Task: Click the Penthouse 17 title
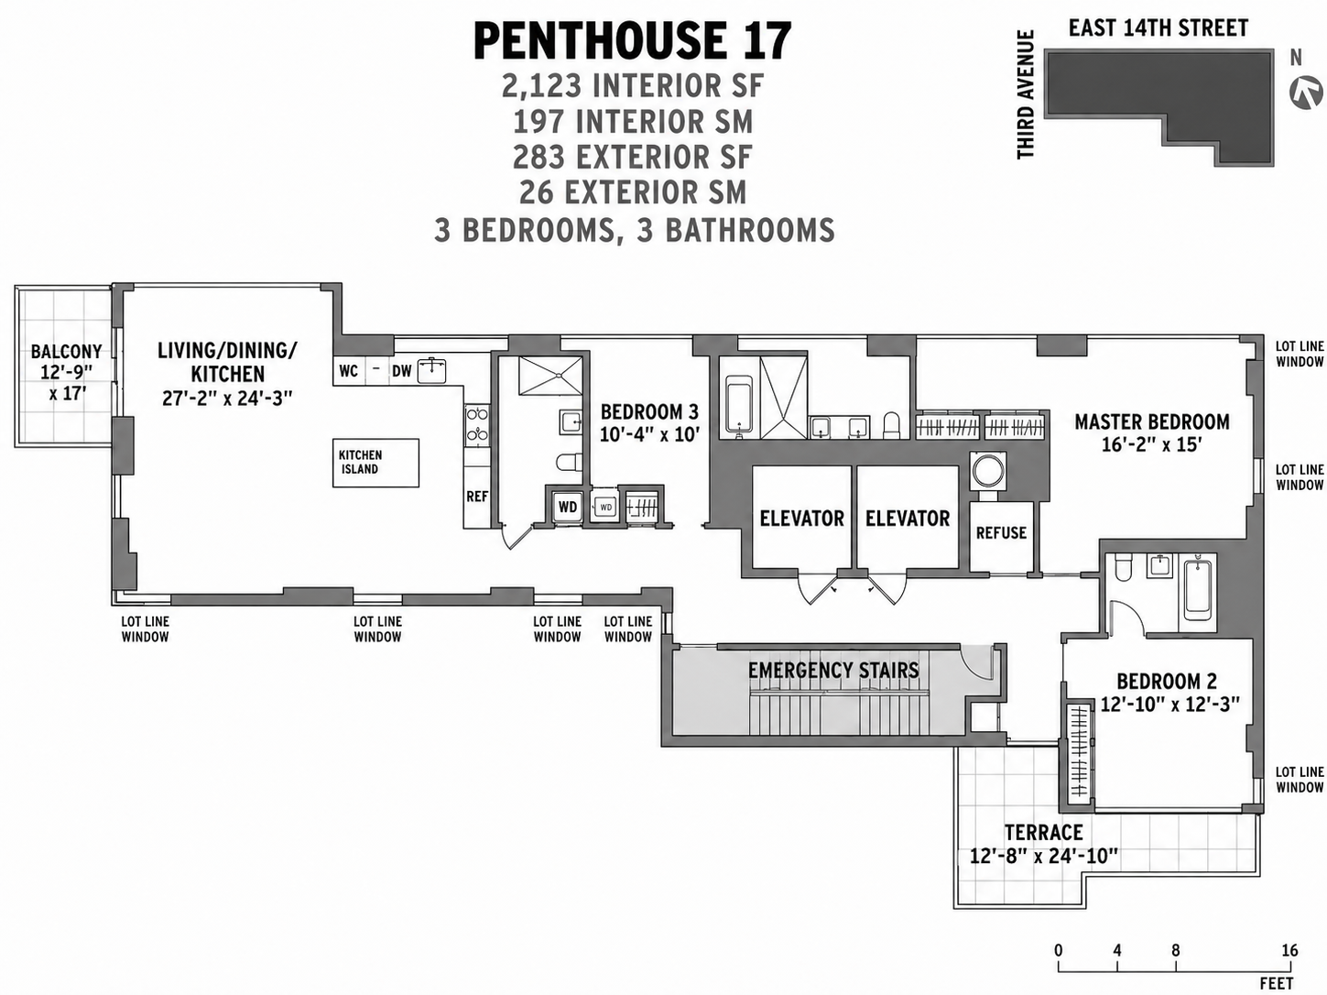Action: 632,42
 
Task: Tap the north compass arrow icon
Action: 1306,93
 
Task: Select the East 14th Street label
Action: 1158,28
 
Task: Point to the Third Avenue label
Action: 1026,94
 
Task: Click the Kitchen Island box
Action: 375,462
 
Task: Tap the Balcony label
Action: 66,352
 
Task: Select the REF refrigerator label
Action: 476,497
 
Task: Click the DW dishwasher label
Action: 401,371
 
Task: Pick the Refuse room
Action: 1001,533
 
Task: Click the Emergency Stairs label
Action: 832,671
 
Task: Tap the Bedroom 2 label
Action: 1166,682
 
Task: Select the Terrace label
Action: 1043,833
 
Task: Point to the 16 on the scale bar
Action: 1289,950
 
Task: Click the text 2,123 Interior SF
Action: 632,86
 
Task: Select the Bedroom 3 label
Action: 649,412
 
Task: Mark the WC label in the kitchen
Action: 348,371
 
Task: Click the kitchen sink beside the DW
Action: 431,370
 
